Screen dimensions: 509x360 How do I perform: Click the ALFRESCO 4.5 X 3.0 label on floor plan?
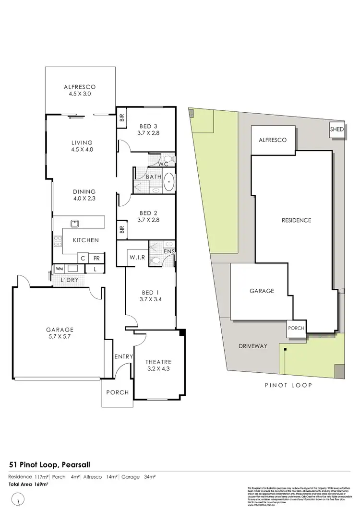pyautogui.click(x=80, y=90)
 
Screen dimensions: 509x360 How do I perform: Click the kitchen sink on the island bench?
pyautogui.click(x=75, y=223)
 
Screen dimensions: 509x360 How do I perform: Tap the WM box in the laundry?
pyautogui.click(x=60, y=269)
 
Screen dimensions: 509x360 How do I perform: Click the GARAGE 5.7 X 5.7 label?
pyautogui.click(x=60, y=333)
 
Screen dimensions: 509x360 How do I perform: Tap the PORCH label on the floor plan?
pyautogui.click(x=118, y=392)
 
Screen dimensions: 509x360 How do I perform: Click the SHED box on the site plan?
pyautogui.click(x=336, y=130)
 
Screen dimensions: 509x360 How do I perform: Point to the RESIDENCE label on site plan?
pyautogui.click(x=296, y=220)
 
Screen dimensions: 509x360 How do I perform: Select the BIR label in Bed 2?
pyautogui.click(x=121, y=230)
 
